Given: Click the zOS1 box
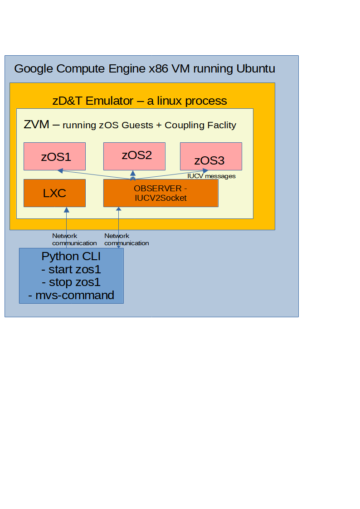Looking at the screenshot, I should click(x=54, y=156).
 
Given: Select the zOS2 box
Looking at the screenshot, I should click(x=134, y=155).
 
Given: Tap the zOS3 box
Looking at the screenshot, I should click(x=211, y=156).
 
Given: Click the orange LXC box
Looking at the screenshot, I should click(x=54, y=193).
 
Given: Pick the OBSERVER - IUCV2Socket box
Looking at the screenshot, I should click(x=161, y=193).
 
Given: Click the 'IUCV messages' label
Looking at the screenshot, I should click(x=211, y=176).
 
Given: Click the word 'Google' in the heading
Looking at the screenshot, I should click(x=34, y=69).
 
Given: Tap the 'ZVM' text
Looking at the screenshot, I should click(x=36, y=124).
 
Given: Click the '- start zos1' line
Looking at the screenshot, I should click(x=71, y=269).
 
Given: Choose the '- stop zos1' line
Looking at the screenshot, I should click(x=71, y=282).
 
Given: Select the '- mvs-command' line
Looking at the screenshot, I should click(x=71, y=296).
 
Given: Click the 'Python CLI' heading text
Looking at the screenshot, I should click(x=71, y=256).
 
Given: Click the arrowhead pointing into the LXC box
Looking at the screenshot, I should click(x=67, y=210).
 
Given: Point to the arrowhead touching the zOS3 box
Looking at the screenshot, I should click(x=210, y=171).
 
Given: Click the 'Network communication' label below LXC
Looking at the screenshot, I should click(x=74, y=239).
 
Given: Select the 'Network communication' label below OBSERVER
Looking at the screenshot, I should click(x=126, y=239).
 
